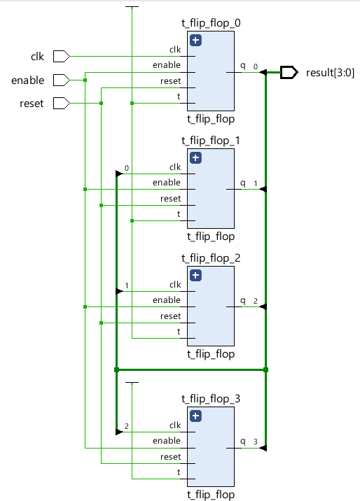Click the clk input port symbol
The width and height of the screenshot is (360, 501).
[x=62, y=56]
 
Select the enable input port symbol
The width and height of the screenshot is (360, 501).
[x=62, y=80]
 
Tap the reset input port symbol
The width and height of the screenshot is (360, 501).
[x=62, y=103]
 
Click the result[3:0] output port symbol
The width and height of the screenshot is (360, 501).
[x=289, y=73]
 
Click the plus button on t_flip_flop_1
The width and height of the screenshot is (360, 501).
[x=195, y=158]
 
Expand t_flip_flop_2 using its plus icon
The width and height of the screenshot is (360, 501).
[x=195, y=276]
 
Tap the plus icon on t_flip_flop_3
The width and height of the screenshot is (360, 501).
[x=195, y=416]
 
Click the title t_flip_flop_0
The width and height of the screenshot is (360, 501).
[x=211, y=23]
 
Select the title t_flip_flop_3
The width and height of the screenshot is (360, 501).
[x=211, y=399]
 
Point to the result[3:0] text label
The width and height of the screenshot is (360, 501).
[x=331, y=73]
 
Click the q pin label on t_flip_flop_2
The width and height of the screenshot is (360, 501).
[x=243, y=301]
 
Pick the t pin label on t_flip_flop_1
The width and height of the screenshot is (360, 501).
[x=179, y=213]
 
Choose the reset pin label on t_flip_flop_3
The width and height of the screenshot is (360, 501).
[x=170, y=457]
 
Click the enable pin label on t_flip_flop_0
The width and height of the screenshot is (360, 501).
[x=167, y=65]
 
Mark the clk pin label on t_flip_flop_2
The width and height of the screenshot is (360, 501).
[x=175, y=284]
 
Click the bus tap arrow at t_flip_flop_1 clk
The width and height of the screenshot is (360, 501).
[x=119, y=174]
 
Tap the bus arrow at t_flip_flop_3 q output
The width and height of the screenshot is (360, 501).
[x=263, y=448]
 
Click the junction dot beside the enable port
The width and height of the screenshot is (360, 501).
[x=85, y=80]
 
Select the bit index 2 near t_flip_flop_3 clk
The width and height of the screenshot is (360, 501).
[x=127, y=426]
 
